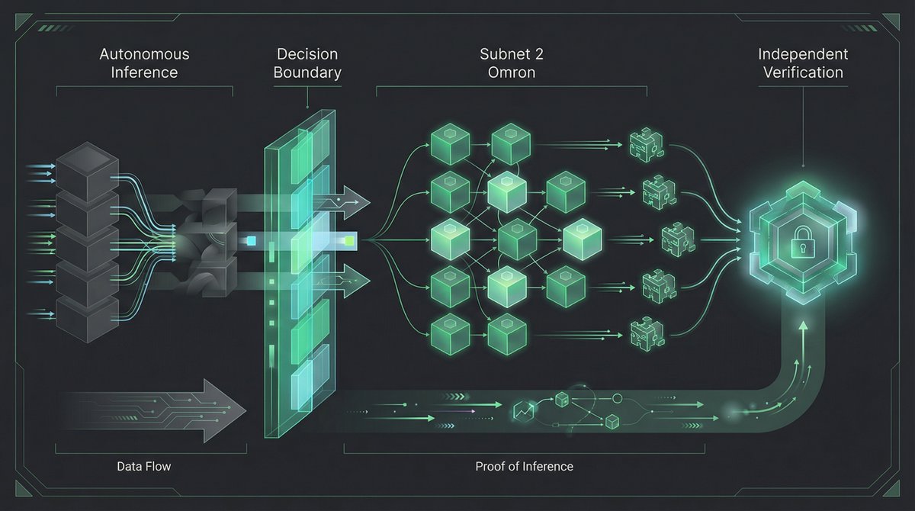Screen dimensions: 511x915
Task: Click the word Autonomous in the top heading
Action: [x=144, y=55]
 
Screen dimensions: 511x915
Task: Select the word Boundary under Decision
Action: [x=307, y=73]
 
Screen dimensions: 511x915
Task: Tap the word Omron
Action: [x=512, y=73]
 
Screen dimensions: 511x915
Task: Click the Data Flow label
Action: [x=143, y=466]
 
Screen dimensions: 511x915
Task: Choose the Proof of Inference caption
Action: [x=524, y=466]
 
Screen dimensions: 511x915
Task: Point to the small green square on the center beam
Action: [x=348, y=241]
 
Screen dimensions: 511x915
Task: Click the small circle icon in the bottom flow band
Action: [x=618, y=399]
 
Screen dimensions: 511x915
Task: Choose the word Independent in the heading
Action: [x=802, y=55]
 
